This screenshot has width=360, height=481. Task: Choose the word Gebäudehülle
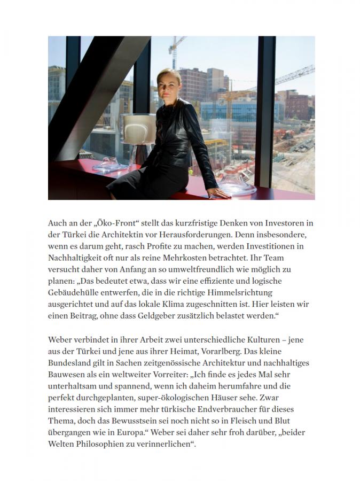(x=74, y=293)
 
